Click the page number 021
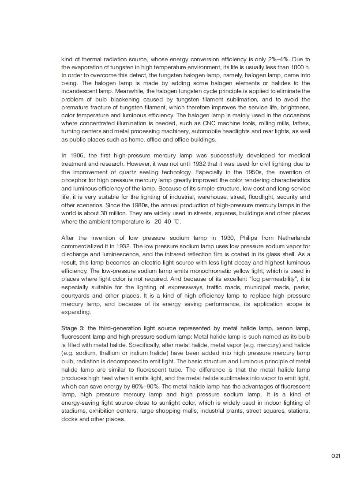(336, 456)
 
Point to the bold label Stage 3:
(72, 328)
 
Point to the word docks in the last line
(68, 419)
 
